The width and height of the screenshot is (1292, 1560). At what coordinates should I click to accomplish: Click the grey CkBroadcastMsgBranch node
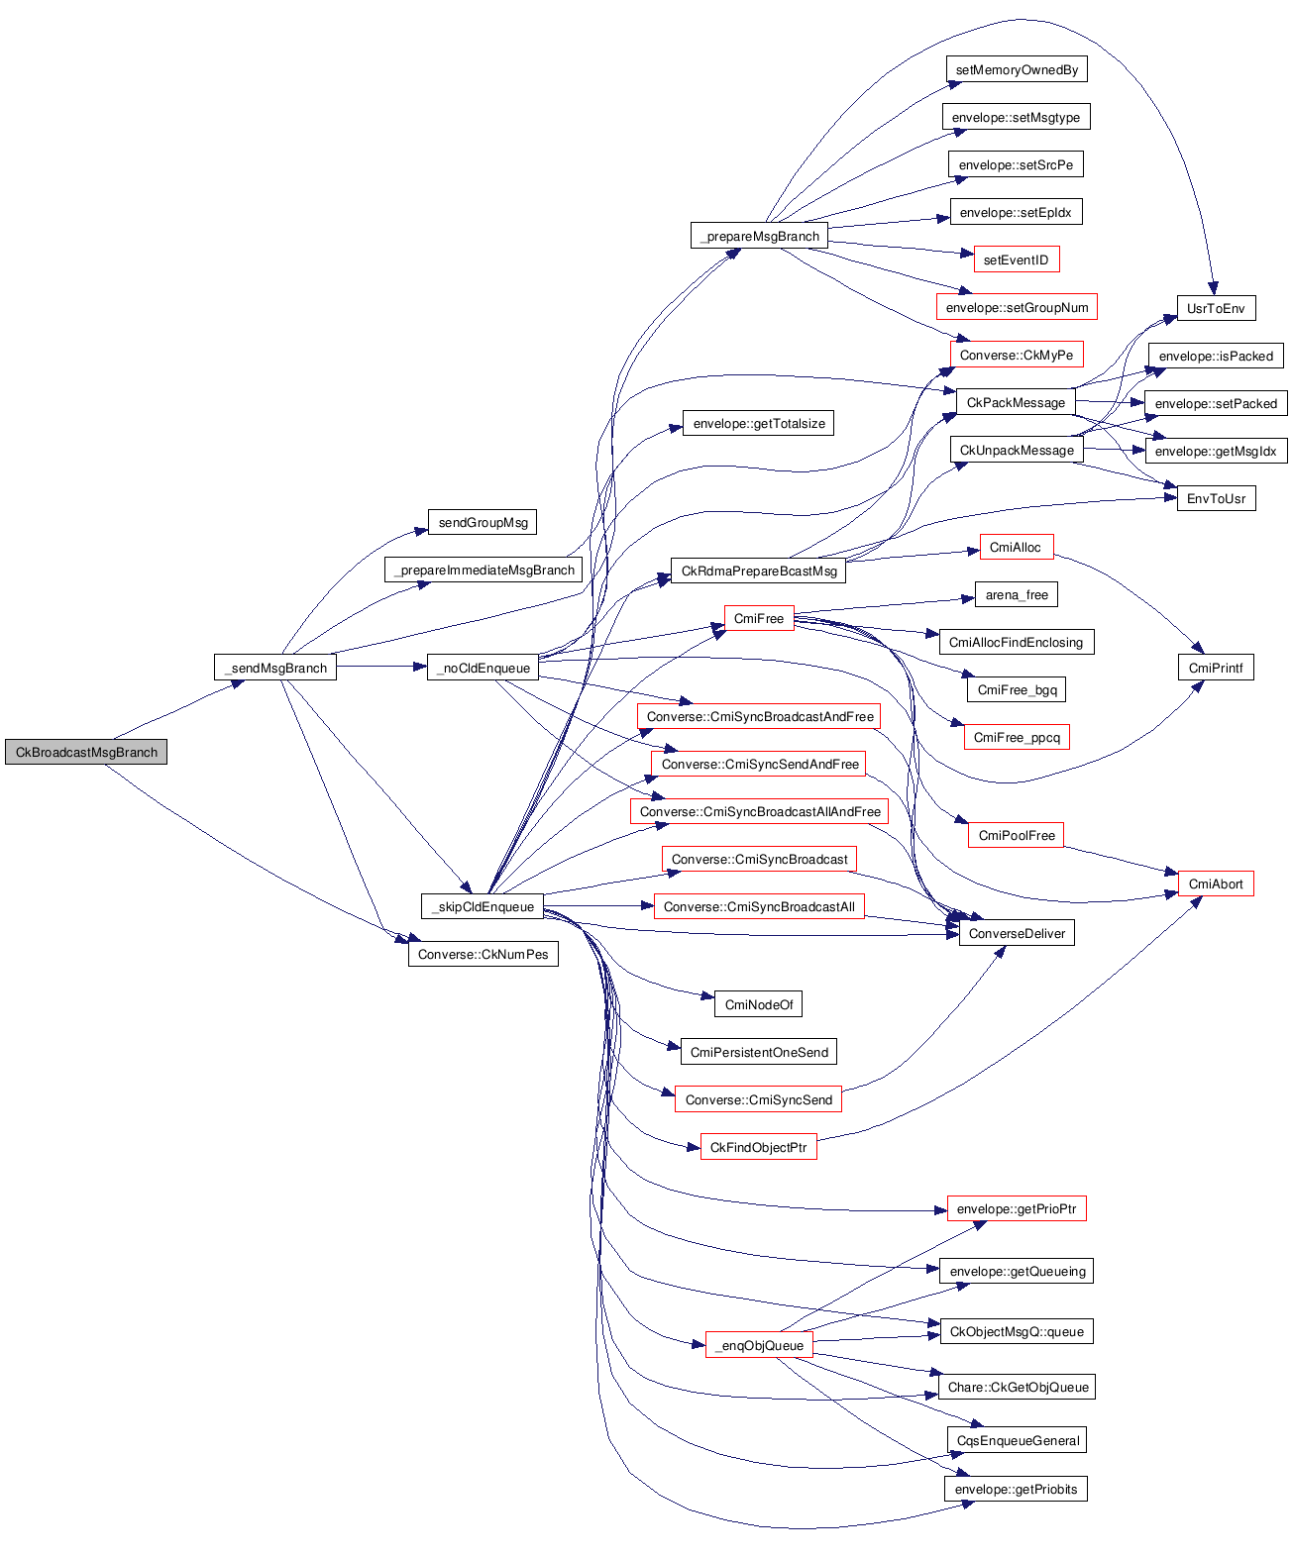pos(86,752)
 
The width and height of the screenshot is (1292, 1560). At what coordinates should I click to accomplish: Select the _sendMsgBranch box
pos(275,668)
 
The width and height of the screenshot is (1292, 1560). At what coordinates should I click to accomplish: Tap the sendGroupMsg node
pos(483,522)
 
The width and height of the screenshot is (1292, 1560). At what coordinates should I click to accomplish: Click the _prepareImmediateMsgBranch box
pos(484,570)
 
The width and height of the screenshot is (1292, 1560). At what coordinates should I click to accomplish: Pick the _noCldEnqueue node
pos(483,668)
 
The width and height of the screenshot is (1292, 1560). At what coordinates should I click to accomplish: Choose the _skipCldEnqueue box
pos(483,906)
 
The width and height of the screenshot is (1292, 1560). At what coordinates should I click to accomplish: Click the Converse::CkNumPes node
pos(483,954)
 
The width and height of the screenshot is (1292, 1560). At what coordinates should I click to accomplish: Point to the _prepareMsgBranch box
pos(759,236)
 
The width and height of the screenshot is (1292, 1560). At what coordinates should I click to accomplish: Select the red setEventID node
pos(1016,260)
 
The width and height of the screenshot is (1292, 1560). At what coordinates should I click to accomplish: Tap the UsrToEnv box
pos(1216,308)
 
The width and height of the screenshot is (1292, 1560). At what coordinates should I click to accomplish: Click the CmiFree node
pos(758,618)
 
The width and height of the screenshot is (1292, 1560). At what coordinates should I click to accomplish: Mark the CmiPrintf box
pos(1216,668)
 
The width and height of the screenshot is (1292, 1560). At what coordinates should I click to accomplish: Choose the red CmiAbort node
pos(1216,884)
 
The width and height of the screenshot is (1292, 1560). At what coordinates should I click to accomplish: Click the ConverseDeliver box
pos(1017,933)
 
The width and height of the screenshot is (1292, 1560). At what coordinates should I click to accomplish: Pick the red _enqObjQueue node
pos(759,1345)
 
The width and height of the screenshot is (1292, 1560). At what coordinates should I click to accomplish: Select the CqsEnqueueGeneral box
pos(1018,1440)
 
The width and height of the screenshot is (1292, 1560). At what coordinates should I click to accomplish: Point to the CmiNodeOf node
pos(758,1004)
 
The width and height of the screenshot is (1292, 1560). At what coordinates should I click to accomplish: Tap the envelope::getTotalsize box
pos(758,424)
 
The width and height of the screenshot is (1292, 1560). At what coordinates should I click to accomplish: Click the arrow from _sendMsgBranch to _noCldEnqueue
pos(381,668)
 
